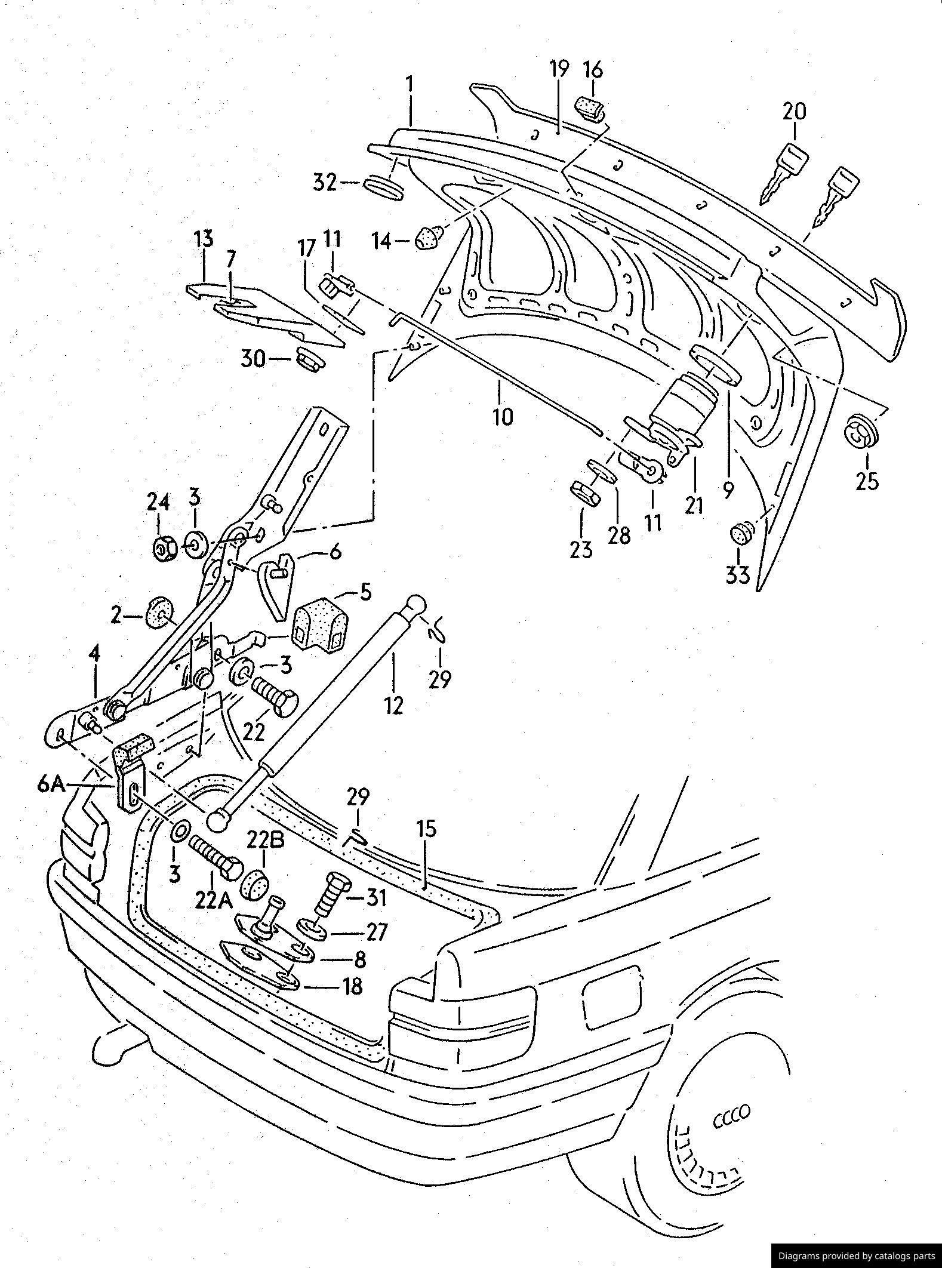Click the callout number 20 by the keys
(793, 112)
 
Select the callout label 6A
(51, 784)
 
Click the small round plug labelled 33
(741, 533)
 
